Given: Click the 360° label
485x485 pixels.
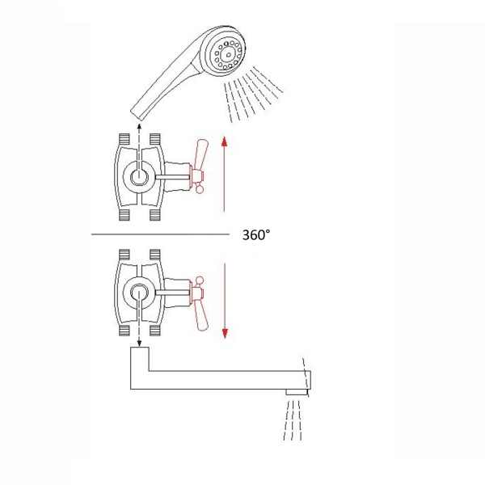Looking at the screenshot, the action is click(x=255, y=235).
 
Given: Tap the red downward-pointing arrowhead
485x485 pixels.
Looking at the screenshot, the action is click(x=225, y=333).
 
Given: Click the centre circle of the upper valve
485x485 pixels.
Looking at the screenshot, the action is click(x=139, y=177).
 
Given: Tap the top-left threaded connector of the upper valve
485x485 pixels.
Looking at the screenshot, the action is click(x=124, y=139).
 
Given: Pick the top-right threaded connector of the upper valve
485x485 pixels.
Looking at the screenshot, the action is click(x=154, y=139).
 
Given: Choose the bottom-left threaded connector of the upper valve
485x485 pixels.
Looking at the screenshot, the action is click(x=124, y=215).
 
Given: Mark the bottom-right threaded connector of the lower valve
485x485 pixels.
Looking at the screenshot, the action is click(x=154, y=331).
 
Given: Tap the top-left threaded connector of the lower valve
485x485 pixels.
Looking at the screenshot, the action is click(x=124, y=255).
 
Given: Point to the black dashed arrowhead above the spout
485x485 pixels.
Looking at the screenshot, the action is click(x=139, y=343).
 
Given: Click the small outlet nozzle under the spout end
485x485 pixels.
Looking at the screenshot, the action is click(x=297, y=392).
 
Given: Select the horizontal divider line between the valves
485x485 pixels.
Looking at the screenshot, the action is click(x=160, y=234).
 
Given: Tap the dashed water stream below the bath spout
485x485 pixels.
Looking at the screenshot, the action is click(x=293, y=420).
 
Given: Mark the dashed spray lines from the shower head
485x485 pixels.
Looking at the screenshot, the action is click(x=253, y=94).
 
